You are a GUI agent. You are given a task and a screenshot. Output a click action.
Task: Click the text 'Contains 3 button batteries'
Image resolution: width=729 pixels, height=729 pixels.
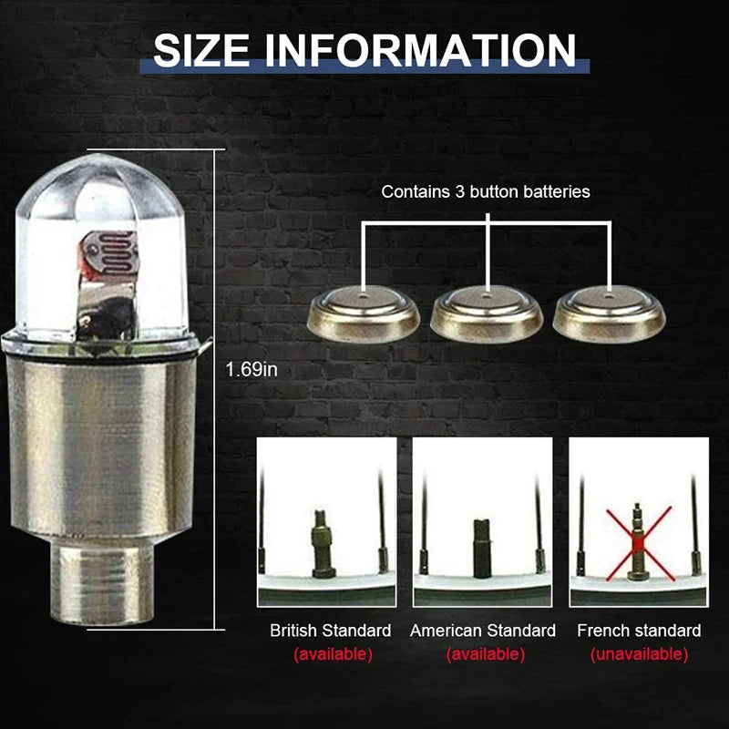coord(486,191)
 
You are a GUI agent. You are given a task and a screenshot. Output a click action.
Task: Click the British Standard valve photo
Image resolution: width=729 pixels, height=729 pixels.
coord(326,521)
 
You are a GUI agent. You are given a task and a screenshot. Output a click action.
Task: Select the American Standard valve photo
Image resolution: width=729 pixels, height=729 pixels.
coord(482,521)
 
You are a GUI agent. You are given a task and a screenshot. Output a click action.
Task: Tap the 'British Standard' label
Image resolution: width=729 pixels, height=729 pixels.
coord(331,631)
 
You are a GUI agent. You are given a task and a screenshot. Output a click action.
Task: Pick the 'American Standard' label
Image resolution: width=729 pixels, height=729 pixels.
coord(483,631)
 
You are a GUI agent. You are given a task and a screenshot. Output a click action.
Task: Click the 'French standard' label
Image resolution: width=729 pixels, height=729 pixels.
coord(639,631)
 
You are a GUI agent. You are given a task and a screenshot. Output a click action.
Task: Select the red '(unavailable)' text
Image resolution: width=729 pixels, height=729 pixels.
coord(639,654)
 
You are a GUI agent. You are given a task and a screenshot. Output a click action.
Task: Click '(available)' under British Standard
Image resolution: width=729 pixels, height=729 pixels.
coord(333,654)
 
